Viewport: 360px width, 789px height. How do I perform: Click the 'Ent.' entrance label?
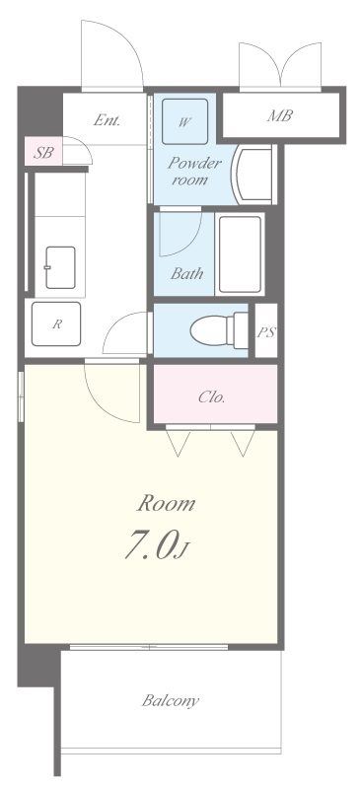coord(107,120)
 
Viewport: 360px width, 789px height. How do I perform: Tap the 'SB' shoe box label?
coord(42,153)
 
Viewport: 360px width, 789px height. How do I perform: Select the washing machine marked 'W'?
coord(184,121)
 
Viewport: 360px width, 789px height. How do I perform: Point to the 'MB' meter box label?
coord(280,115)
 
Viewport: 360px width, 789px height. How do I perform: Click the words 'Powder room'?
coord(194,172)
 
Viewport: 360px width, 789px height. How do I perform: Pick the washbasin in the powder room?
coord(253,175)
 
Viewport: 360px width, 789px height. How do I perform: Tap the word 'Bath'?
coord(186,274)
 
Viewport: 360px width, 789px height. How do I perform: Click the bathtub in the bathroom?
coord(241,254)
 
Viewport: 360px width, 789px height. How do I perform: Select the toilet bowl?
coord(220,330)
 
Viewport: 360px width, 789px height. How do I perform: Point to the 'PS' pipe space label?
coord(266,332)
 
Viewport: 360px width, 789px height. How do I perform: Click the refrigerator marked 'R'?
coord(56,324)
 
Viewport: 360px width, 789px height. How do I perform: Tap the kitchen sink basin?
coord(60,267)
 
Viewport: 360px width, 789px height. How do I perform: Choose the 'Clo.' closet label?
coord(211,397)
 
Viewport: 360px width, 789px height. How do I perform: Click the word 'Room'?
coord(166,503)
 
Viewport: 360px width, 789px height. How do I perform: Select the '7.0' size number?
coord(150,545)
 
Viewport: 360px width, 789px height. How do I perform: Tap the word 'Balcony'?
coord(171,701)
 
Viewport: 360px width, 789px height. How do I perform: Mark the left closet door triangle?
coord(179,443)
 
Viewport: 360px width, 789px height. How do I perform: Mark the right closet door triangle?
coord(243,443)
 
